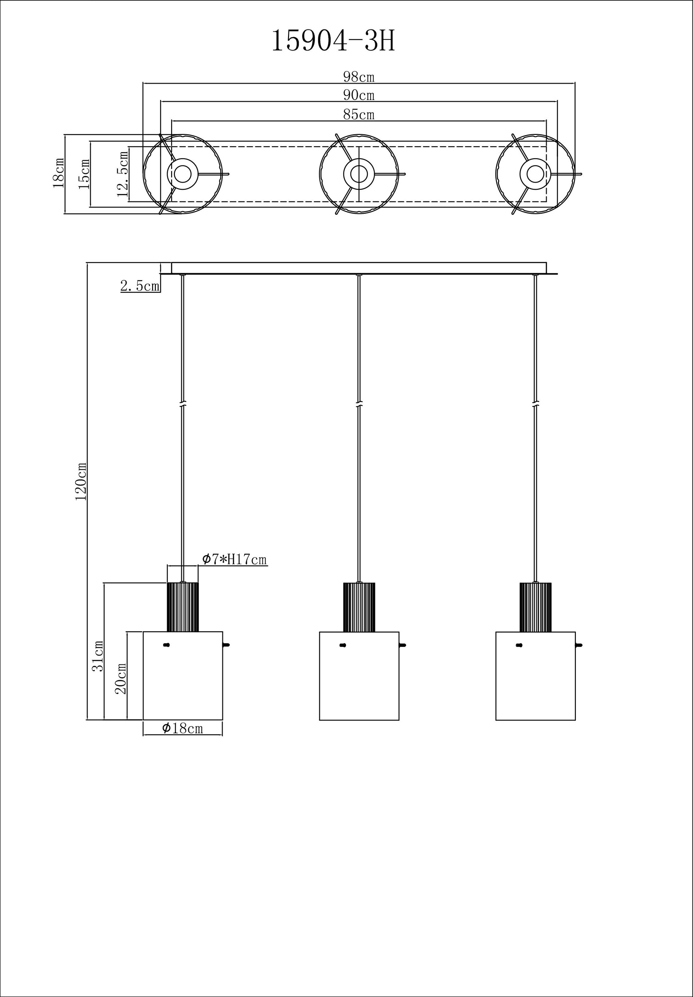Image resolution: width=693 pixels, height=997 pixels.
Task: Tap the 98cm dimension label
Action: (359, 77)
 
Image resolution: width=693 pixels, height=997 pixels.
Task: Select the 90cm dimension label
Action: (359, 95)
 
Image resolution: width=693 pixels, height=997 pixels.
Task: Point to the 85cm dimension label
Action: (359, 115)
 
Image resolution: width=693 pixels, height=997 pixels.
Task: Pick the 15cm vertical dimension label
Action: (84, 174)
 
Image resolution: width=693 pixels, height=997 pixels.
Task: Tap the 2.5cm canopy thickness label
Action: (140, 286)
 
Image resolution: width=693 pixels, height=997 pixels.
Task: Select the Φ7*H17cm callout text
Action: (234, 560)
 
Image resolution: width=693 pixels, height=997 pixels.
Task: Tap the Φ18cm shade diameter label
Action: (182, 728)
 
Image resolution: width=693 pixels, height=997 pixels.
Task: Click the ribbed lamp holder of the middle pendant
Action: (359, 608)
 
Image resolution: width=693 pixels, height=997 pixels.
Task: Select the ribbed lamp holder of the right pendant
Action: (535, 608)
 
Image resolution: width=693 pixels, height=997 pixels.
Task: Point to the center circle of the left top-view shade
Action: (183, 174)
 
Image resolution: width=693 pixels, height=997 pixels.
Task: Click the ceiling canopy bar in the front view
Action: (359, 268)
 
